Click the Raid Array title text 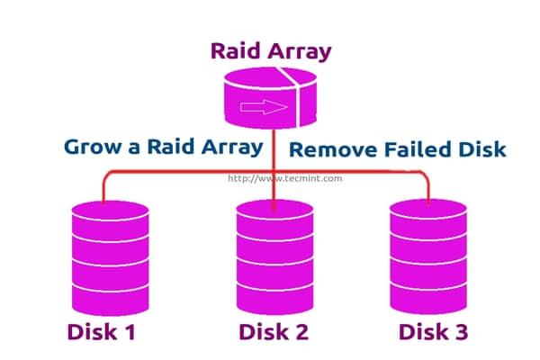point(271,50)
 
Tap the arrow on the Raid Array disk point(270,107)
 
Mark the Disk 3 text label point(432,332)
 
